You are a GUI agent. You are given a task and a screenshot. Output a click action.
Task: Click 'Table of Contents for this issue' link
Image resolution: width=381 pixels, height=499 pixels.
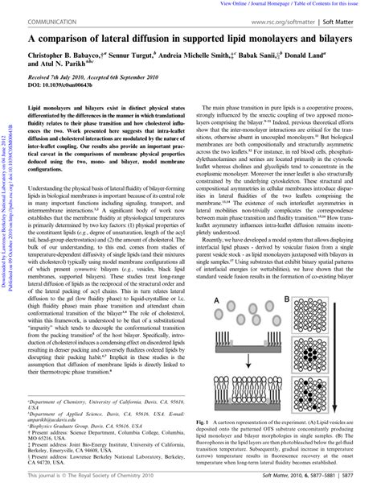(341, 4)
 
